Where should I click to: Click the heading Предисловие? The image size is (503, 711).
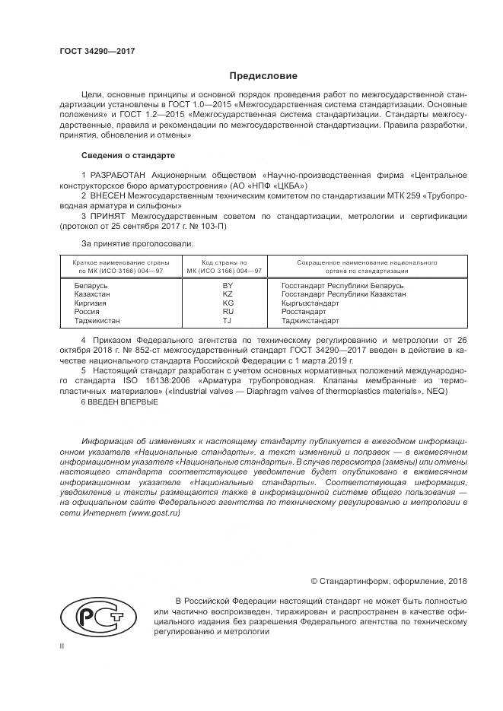(x=263, y=76)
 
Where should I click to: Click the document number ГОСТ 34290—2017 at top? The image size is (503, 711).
(x=97, y=52)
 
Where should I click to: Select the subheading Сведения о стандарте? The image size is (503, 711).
(x=128, y=156)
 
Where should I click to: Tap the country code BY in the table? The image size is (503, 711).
(x=227, y=284)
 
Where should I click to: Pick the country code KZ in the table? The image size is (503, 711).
(x=227, y=293)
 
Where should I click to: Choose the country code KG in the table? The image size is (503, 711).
(x=227, y=302)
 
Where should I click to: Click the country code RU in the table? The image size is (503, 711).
(x=227, y=311)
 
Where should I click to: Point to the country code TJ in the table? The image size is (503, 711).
(x=227, y=320)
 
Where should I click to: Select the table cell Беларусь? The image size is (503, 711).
(x=91, y=284)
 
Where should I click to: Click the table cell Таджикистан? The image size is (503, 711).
(x=97, y=320)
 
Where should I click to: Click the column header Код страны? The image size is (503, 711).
(x=227, y=262)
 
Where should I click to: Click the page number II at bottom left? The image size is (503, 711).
(x=62, y=646)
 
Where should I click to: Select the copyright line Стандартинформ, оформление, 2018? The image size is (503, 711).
(x=389, y=580)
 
